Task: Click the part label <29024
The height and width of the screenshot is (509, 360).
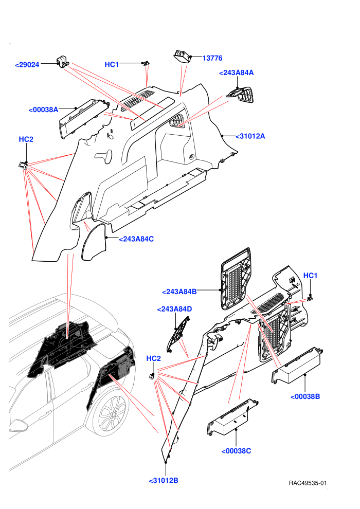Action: [x=27, y=65]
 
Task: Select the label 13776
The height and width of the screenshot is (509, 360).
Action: [x=212, y=58]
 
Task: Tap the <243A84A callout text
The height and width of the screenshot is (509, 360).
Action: [x=237, y=72]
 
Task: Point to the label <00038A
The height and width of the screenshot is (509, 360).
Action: [x=44, y=110]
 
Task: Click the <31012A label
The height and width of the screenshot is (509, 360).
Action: [x=250, y=136]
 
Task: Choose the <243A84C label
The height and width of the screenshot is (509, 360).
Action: [x=136, y=239]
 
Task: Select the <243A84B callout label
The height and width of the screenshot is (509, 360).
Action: [x=179, y=292]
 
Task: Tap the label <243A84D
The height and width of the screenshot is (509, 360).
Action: [x=174, y=309]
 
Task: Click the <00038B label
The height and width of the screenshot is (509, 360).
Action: [x=305, y=396]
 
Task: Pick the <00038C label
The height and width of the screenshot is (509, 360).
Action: [x=236, y=451]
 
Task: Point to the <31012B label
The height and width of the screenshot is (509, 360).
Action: [x=163, y=480]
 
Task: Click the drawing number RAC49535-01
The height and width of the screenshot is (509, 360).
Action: [x=308, y=483]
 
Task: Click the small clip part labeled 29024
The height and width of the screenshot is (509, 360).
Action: [x=62, y=62]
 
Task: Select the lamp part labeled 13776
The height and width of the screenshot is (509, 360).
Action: [x=183, y=56]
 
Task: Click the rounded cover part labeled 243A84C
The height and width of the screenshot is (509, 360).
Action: [x=94, y=242]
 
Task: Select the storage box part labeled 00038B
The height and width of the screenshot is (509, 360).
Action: [x=296, y=367]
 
